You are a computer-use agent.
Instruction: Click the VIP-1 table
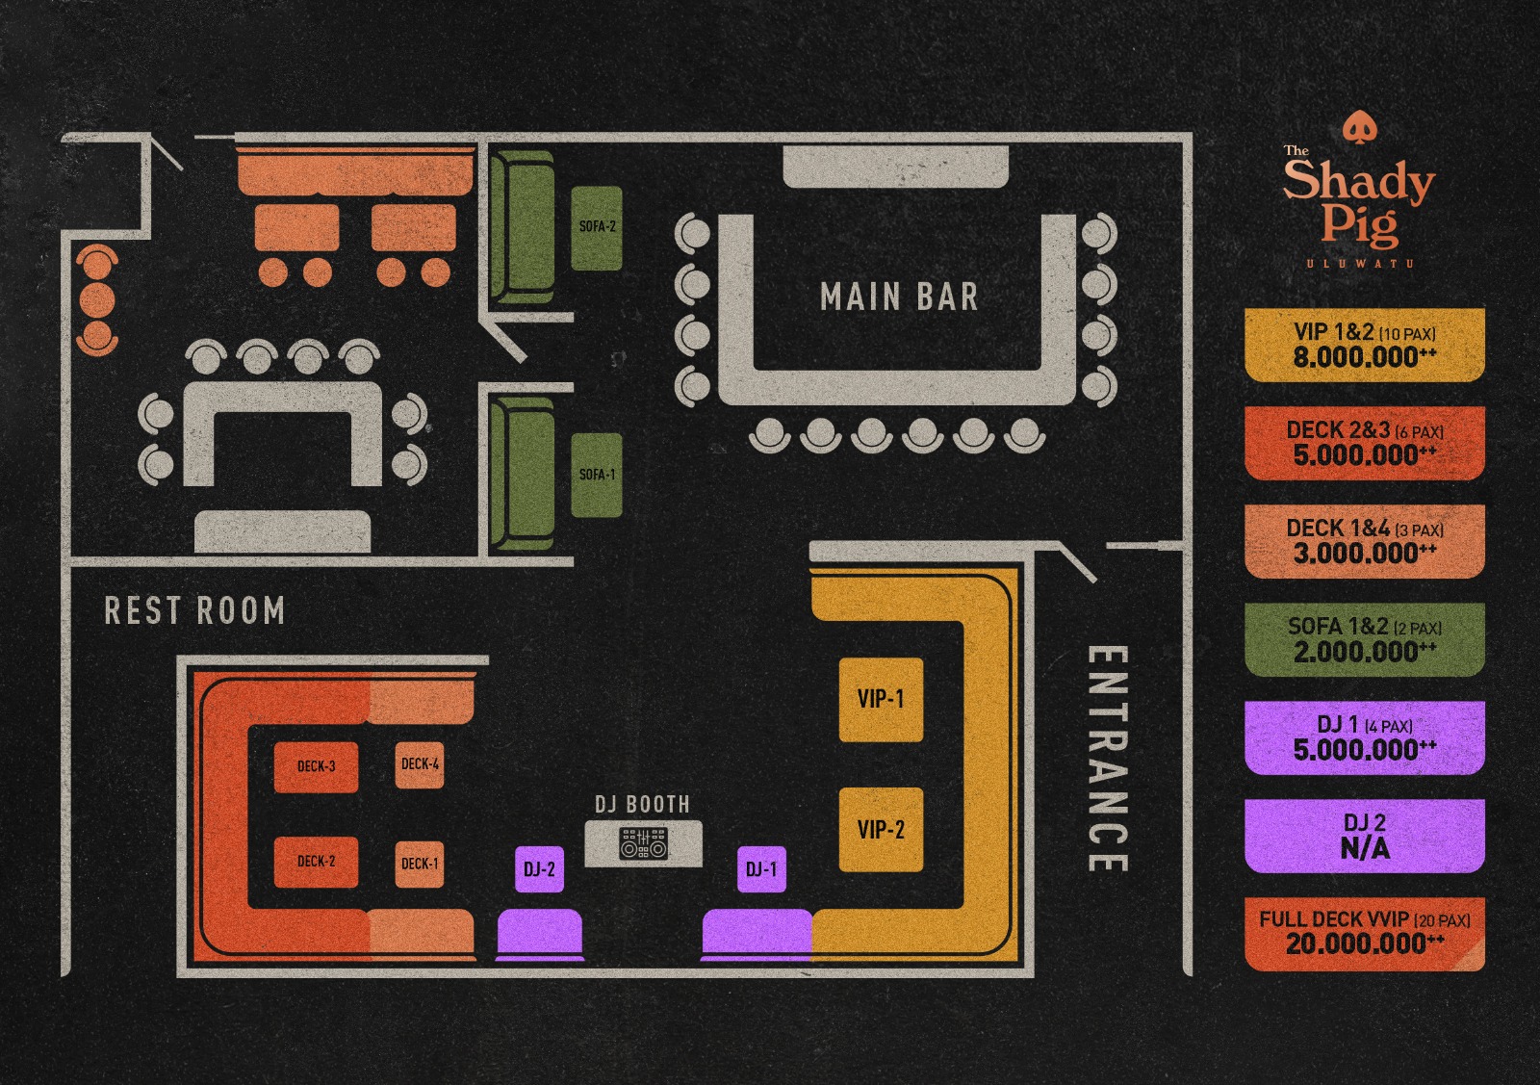click(881, 700)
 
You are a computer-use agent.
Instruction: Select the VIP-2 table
click(881, 830)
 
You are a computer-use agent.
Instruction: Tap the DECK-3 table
click(316, 767)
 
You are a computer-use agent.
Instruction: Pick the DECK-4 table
click(420, 764)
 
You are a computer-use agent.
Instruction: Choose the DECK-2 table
click(316, 862)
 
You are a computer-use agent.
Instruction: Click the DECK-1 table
click(420, 864)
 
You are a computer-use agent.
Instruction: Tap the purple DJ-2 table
click(539, 869)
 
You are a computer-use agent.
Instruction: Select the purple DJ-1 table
click(761, 869)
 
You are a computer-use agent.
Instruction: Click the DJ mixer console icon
click(643, 844)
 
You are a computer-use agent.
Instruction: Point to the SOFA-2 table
click(597, 227)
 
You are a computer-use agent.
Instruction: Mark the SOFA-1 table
click(597, 475)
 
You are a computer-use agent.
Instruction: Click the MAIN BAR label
click(899, 297)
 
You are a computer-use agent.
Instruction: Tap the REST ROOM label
click(194, 610)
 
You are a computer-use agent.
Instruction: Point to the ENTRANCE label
click(1107, 759)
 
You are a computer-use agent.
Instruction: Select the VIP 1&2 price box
click(1365, 345)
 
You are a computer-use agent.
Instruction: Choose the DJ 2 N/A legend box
click(1365, 836)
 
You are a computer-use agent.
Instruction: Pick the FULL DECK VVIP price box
click(1365, 934)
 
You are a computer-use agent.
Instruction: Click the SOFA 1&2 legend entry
click(1365, 639)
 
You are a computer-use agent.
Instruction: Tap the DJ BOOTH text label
click(642, 804)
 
